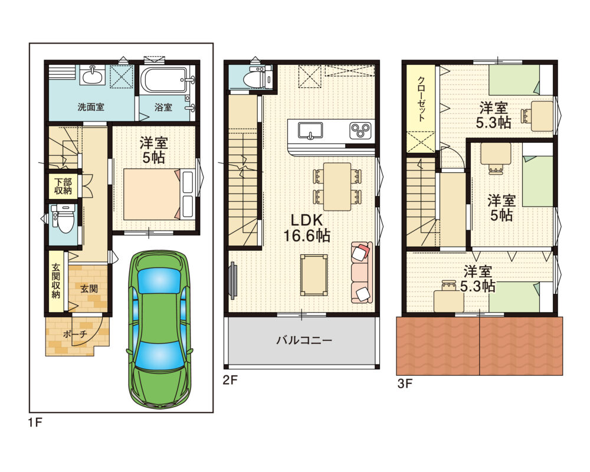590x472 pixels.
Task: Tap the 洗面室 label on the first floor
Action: coord(91,107)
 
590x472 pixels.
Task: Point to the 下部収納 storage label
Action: coord(63,186)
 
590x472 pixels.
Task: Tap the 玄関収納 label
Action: coord(55,281)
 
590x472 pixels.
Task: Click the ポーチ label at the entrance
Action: coord(75,334)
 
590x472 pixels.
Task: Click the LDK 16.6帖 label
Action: coord(307,228)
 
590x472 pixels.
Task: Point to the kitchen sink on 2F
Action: coord(310,131)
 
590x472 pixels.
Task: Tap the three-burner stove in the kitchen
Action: coord(360,130)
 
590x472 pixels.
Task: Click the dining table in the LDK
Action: coord(337,186)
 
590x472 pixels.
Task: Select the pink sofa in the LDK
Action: coord(362,272)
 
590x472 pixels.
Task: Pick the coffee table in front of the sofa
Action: coord(314,275)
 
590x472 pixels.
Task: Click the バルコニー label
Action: coord(304,340)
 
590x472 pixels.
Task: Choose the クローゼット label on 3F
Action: coord(421,99)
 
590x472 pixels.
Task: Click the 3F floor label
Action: coord(405,383)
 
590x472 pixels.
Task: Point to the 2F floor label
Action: coord(230,380)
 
